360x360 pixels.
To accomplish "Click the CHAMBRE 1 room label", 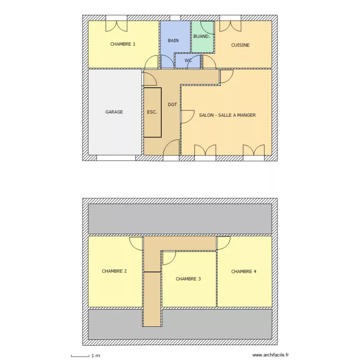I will [122, 44].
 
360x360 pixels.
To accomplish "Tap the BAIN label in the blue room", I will [173, 41].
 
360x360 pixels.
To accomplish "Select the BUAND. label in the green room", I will [202, 36].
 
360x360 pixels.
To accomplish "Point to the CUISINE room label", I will [240, 46].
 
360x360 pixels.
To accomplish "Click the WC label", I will [188, 60].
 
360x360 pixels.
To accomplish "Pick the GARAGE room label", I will [114, 112].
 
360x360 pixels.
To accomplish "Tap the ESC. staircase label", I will [152, 112].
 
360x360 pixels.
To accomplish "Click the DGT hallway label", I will [172, 104].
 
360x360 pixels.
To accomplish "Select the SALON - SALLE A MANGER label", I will [227, 115].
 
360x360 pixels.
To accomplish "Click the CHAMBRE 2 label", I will [114, 271].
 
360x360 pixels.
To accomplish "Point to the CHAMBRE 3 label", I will [188, 279].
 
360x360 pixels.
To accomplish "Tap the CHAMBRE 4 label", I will [244, 272].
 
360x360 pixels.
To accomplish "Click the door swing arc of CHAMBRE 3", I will [169, 258].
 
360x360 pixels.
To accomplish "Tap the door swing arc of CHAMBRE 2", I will [136, 242].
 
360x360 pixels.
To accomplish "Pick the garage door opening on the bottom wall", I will [116, 157].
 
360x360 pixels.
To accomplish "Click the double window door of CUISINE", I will [230, 24].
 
